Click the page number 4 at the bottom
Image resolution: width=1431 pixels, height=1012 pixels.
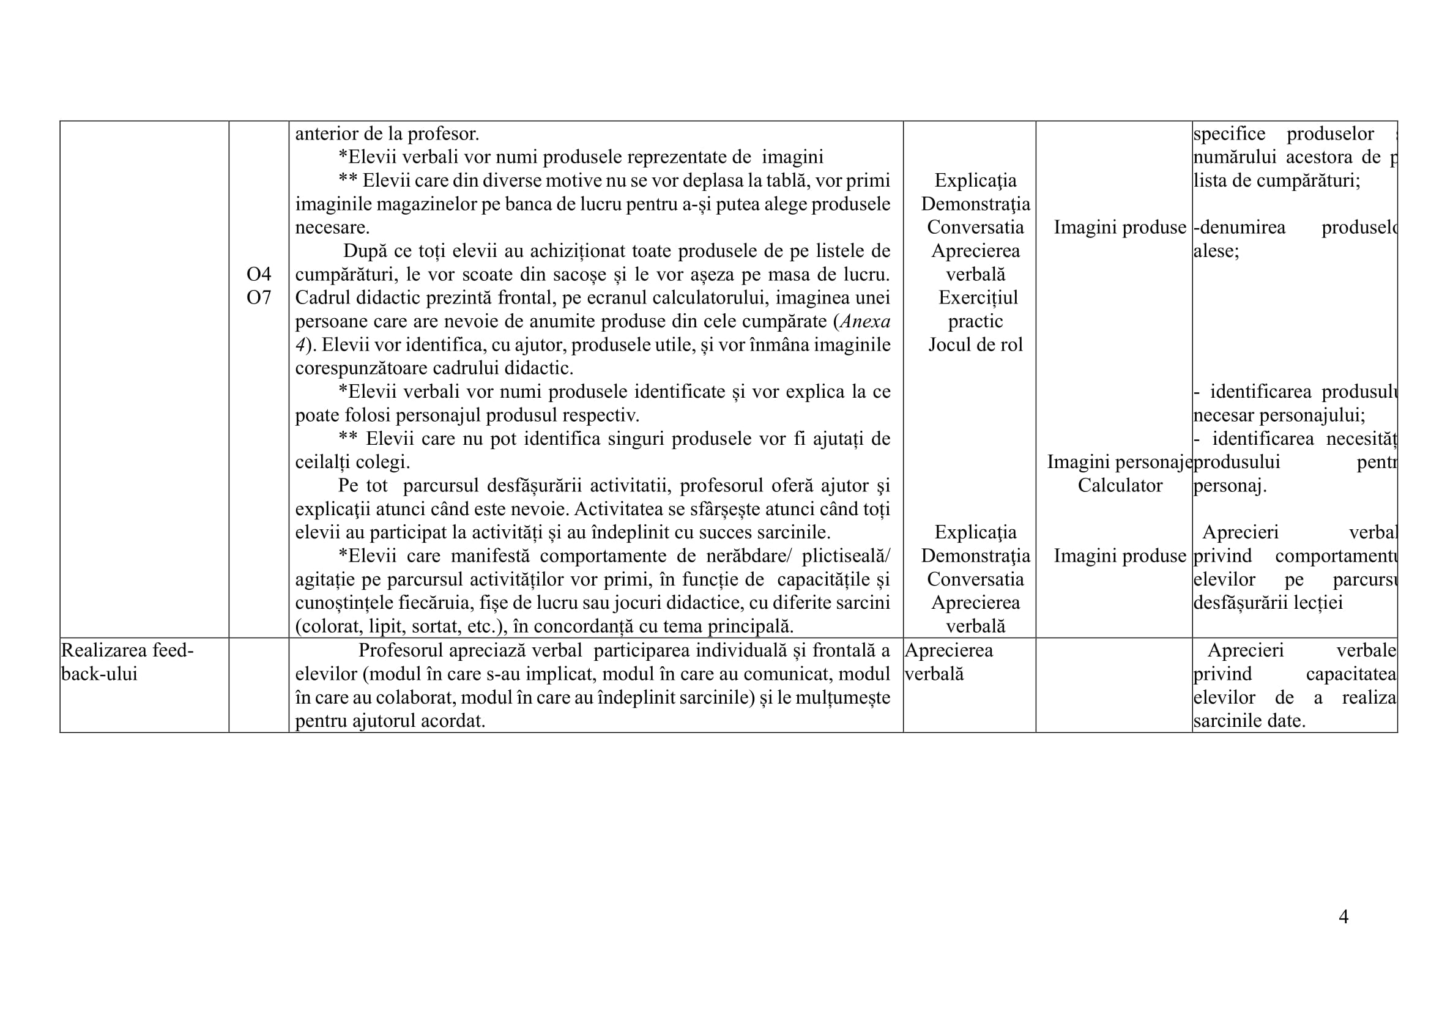pos(1343,917)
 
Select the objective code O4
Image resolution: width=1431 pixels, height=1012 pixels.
pos(259,274)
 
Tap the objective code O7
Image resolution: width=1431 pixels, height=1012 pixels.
pos(259,298)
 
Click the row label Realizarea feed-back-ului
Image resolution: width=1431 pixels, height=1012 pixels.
pos(127,662)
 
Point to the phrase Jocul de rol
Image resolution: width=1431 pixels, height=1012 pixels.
pos(975,344)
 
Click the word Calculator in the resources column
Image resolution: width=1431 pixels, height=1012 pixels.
pos(1120,485)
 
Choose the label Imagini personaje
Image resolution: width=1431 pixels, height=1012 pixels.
pos(1119,462)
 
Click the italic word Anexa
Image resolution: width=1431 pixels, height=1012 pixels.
pos(864,322)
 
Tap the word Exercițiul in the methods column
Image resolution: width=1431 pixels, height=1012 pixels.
pos(978,298)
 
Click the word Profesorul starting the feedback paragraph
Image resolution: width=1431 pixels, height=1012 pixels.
pos(400,650)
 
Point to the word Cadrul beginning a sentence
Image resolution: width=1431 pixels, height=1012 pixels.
pos(322,298)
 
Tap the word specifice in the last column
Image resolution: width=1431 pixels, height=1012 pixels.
pos(1229,134)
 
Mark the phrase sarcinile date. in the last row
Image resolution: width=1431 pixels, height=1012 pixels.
pos(1249,721)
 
